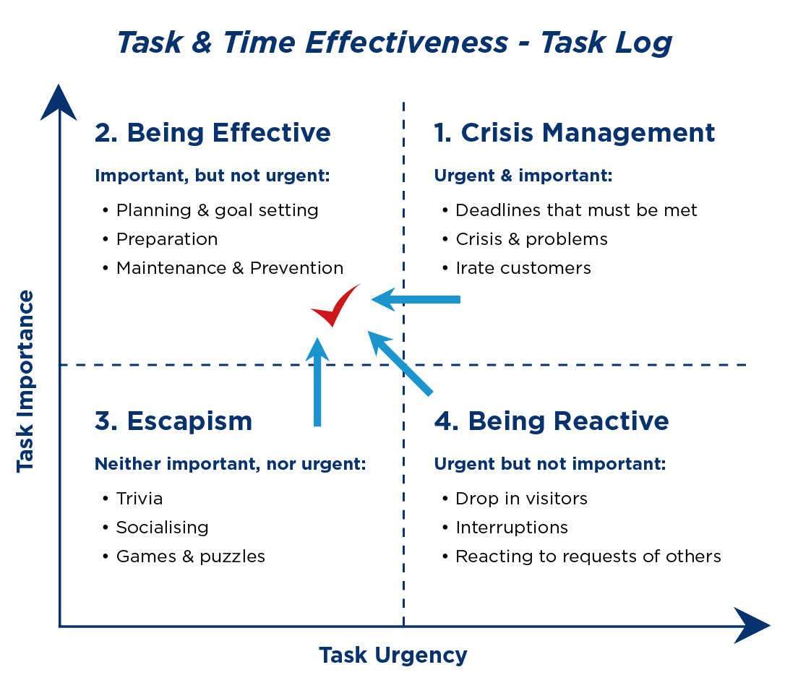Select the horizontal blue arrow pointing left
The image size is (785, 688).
point(416,299)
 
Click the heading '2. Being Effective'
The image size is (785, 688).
point(213,133)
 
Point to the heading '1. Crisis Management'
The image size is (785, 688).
point(574,133)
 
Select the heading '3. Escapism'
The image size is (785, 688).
point(173,421)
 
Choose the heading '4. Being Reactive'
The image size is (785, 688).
point(551,421)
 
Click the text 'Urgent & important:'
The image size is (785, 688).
point(523,176)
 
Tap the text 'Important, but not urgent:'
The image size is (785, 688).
point(213,176)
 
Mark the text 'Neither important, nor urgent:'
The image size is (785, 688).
point(231,464)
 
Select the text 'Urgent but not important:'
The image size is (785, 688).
point(549,464)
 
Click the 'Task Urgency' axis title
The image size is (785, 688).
point(393,655)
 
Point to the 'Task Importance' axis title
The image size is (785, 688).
point(26,381)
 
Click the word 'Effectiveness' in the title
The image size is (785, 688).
point(406,43)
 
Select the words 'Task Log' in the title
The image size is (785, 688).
point(606,43)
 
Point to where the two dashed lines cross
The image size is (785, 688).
point(403,365)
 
